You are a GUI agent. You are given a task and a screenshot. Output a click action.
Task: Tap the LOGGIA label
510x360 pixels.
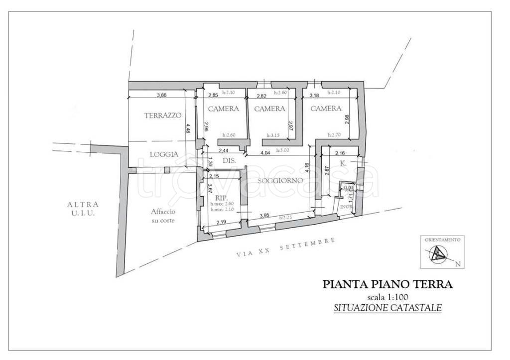(164, 154)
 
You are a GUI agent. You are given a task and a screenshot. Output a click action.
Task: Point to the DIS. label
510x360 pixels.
(229, 161)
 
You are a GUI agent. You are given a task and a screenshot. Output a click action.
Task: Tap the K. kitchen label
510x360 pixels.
(343, 163)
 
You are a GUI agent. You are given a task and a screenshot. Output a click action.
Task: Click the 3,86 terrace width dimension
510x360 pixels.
(160, 95)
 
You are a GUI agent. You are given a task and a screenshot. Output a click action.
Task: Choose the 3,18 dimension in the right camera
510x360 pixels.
(314, 95)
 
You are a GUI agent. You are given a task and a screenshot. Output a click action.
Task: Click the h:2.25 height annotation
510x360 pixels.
(285, 218)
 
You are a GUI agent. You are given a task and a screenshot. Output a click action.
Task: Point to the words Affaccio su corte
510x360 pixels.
(163, 216)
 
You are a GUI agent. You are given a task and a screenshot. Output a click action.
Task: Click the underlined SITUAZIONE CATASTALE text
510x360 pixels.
(387, 308)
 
